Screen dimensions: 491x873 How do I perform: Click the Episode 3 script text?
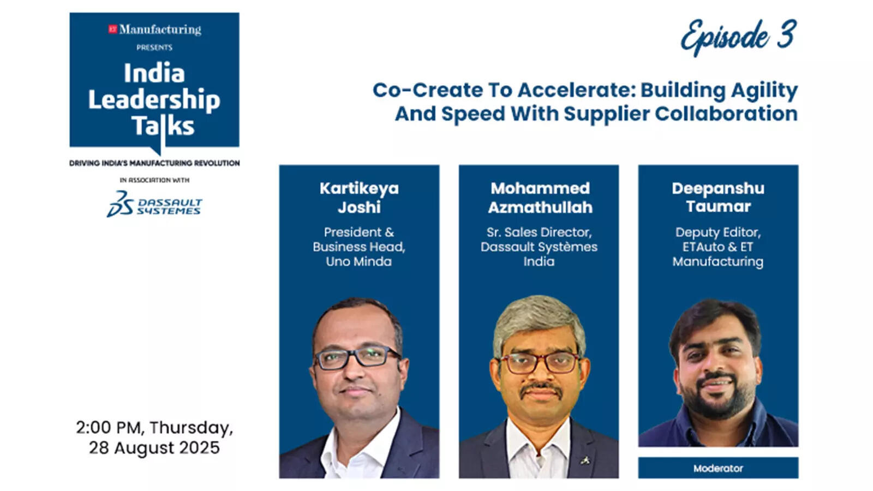coord(738,37)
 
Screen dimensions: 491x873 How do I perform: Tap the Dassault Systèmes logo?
coord(154,205)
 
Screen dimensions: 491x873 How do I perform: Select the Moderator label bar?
coord(718,468)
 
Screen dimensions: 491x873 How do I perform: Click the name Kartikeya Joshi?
coord(359,197)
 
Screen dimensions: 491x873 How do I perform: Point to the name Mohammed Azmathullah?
coord(540,197)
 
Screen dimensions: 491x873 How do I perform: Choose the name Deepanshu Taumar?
coord(718,197)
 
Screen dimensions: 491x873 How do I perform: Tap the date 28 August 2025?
coord(154,448)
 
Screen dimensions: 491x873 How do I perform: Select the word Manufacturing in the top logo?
coord(160,29)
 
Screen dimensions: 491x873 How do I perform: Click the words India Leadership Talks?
coord(154,100)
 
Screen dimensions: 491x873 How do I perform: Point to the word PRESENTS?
coord(154,47)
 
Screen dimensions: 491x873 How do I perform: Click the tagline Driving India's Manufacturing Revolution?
coord(154,163)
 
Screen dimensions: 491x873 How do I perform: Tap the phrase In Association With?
coord(154,180)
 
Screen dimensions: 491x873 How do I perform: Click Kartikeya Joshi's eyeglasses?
coord(357,357)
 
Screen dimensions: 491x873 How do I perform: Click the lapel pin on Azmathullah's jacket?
coord(585,460)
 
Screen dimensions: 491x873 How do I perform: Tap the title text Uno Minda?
coord(358,261)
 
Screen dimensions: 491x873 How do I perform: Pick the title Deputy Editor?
coord(718,232)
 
